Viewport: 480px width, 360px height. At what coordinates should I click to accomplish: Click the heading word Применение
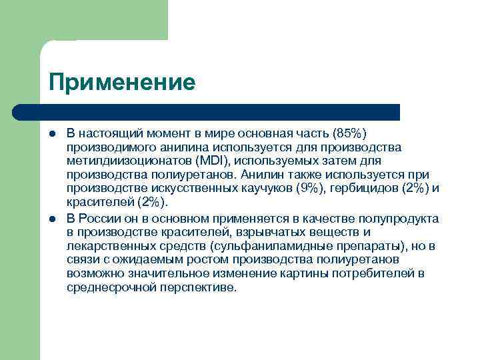[122, 83]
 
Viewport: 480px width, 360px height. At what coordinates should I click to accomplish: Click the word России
[101, 218]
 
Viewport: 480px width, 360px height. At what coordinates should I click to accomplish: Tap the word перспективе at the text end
[198, 288]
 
